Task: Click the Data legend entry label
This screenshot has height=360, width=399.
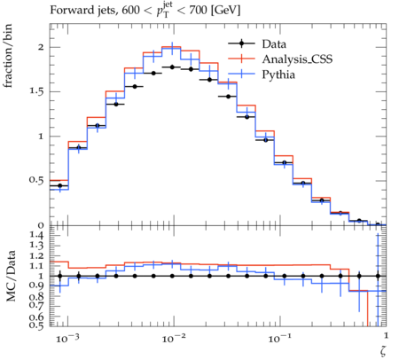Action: click(274, 44)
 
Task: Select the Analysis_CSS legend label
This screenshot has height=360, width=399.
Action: click(297, 59)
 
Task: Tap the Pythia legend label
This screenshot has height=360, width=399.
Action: click(278, 74)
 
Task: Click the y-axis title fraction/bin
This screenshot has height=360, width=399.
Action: click(8, 56)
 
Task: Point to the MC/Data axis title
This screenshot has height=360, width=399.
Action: click(11, 276)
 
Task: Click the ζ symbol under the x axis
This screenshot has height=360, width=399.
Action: click(383, 350)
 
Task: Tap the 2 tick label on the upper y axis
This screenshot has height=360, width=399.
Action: click(41, 47)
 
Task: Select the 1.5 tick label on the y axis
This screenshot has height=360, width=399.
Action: click(36, 91)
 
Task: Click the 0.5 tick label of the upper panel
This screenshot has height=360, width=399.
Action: click(36, 181)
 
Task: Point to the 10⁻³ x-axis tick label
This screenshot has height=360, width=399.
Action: click(67, 338)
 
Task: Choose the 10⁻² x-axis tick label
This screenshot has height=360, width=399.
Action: click(174, 338)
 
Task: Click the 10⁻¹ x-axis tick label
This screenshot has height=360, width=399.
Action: click(279, 338)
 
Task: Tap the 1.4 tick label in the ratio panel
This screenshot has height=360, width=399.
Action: click(36, 236)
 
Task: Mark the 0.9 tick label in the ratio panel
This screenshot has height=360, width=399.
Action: click(36, 286)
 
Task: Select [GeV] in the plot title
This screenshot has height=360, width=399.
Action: click(225, 11)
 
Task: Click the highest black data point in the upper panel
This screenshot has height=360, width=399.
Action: click(172, 67)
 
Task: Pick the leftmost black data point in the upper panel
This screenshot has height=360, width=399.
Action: click(60, 185)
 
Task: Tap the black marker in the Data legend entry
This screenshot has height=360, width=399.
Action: click(241, 43)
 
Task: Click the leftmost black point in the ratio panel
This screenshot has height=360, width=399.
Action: click(60, 276)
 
